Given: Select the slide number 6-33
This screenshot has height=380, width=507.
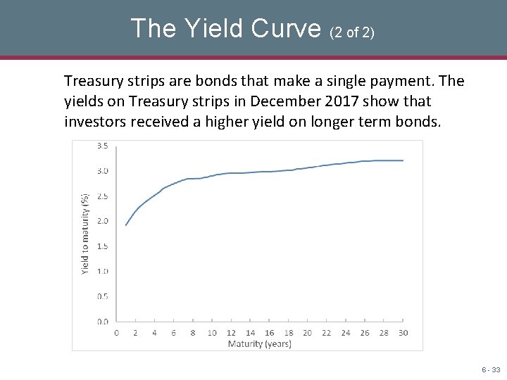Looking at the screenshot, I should click(490, 369).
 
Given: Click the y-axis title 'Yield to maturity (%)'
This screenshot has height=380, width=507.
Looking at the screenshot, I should click(85, 234).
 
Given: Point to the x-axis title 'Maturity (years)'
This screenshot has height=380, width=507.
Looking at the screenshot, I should click(255, 344).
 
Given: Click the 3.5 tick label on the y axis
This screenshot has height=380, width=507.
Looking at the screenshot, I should click(102, 146).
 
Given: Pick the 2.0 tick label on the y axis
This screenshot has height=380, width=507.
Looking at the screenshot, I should click(102, 221).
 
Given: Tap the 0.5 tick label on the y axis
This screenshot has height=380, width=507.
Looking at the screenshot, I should click(102, 296).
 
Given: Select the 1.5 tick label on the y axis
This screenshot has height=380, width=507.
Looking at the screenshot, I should click(102, 246).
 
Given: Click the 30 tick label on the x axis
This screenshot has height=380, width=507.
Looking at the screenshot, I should click(403, 333).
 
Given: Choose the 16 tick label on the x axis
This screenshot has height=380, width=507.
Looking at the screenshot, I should click(269, 333).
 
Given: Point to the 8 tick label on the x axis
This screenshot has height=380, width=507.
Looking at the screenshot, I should click(193, 333).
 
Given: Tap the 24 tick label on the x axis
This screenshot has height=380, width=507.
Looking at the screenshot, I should click(345, 333).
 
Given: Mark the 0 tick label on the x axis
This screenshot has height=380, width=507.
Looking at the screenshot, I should click(117, 333).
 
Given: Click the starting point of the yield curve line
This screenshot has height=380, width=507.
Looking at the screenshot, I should click(126, 225).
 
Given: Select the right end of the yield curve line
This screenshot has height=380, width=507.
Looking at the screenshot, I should click(403, 160).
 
